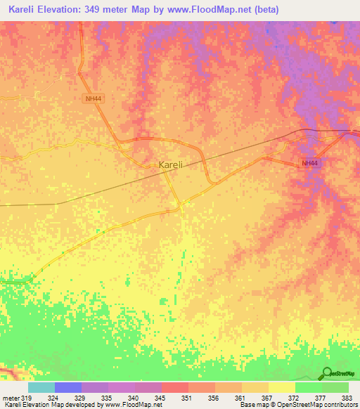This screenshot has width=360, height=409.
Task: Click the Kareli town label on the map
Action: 171,164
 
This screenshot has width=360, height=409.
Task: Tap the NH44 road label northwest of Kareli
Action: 91,99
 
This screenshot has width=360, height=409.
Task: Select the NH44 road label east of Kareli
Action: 309,163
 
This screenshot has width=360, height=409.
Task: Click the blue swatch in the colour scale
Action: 68,387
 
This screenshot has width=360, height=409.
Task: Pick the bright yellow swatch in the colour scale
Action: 282,387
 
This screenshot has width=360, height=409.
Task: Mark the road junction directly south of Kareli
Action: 179,206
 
